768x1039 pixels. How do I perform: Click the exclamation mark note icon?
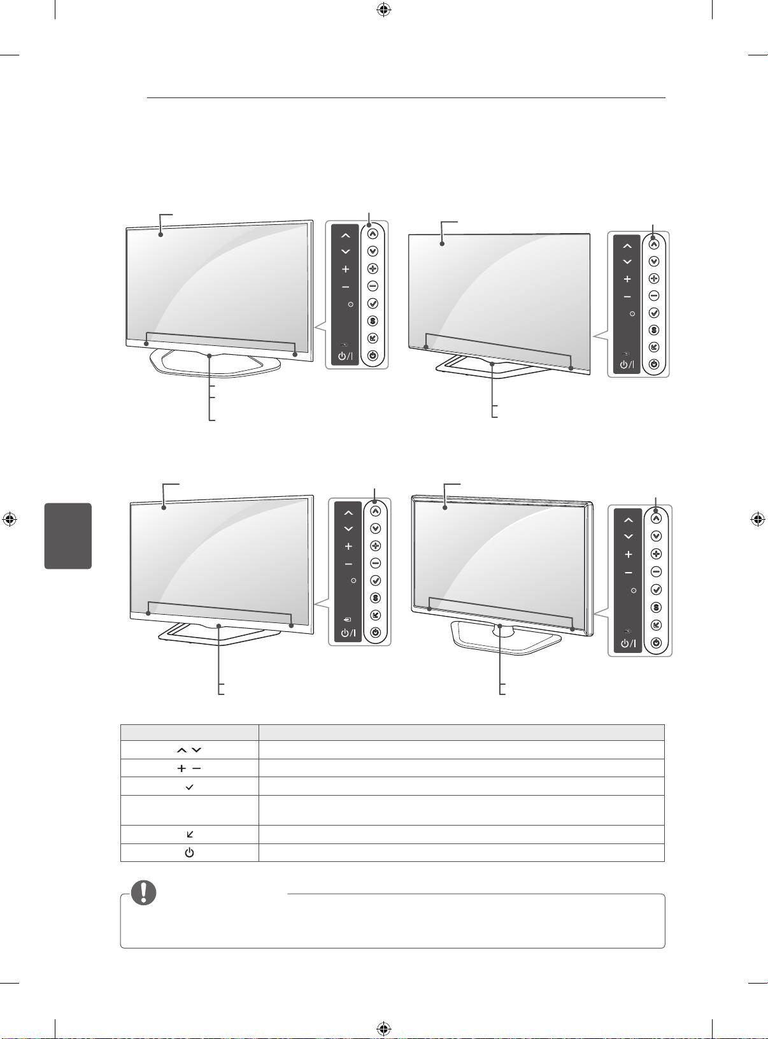point(144,892)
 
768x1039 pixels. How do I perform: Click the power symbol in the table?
point(189,852)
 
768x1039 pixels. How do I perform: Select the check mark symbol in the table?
point(189,787)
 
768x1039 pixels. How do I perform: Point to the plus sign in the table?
point(181,768)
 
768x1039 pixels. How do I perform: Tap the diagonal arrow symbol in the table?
point(189,834)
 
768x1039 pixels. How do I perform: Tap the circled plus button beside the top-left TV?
point(373,269)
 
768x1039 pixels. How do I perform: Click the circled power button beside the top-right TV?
point(653,365)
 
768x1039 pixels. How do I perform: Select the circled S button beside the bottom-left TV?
point(375,598)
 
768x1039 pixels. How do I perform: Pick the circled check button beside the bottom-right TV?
point(656,590)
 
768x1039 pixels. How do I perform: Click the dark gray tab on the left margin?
point(68,536)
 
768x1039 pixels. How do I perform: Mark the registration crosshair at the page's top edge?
point(383,9)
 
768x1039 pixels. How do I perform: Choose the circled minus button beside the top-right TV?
point(653,296)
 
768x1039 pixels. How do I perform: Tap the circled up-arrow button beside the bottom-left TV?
point(375,510)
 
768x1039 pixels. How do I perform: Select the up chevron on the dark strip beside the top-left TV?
point(345,236)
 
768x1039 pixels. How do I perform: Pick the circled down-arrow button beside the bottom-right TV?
point(656,536)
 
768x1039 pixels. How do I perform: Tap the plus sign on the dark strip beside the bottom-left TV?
point(348,546)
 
